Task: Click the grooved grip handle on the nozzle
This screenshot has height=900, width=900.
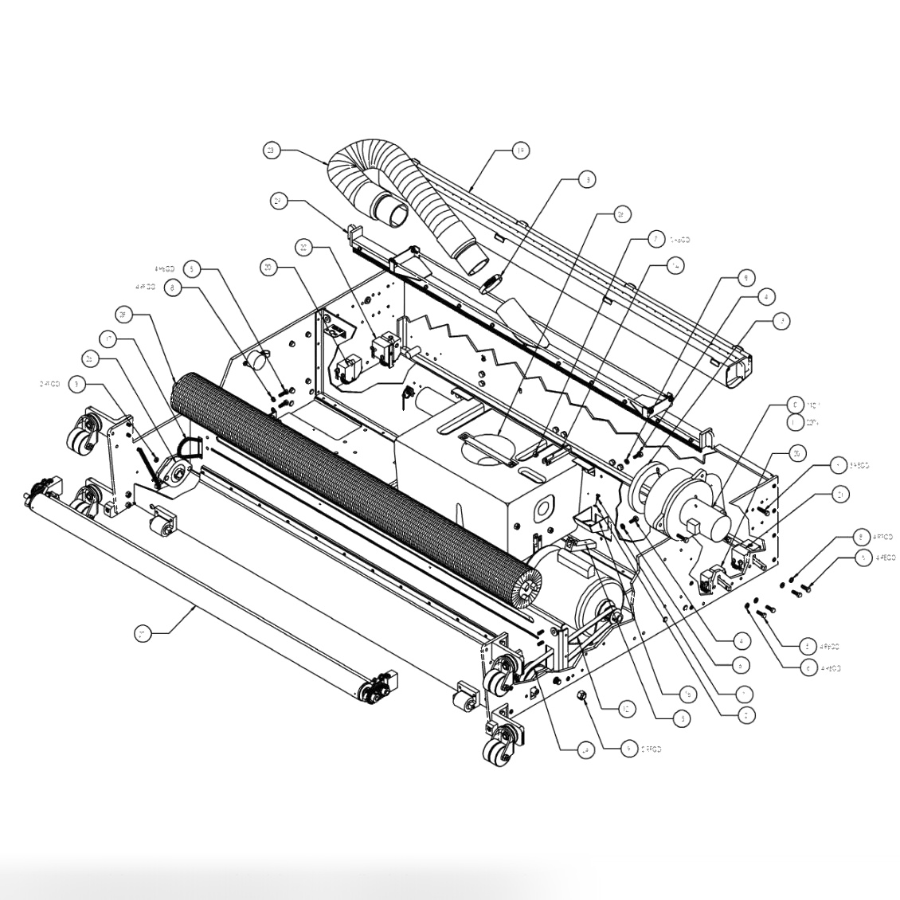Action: (491, 283)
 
